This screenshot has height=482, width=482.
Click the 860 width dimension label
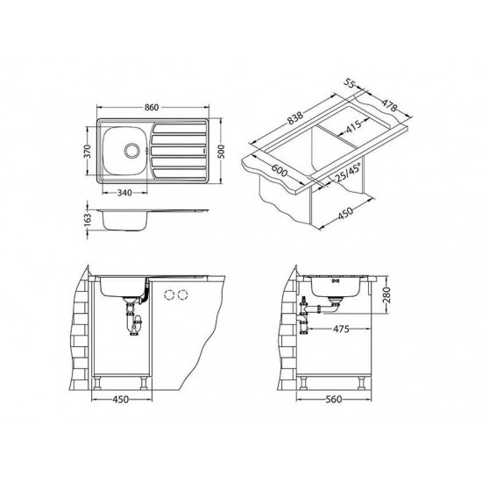(x=152, y=107)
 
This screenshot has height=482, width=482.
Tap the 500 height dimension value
(x=222, y=152)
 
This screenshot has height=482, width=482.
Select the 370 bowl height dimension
(x=88, y=152)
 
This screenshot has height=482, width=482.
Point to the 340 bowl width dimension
(x=124, y=193)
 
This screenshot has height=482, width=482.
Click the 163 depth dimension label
(x=88, y=220)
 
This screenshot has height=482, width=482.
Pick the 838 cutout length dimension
(x=295, y=117)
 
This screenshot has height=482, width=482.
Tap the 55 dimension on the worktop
(x=349, y=83)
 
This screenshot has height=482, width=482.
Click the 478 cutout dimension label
(x=389, y=105)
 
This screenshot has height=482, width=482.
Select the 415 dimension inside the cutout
(x=353, y=127)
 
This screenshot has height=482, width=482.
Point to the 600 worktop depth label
(x=280, y=170)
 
